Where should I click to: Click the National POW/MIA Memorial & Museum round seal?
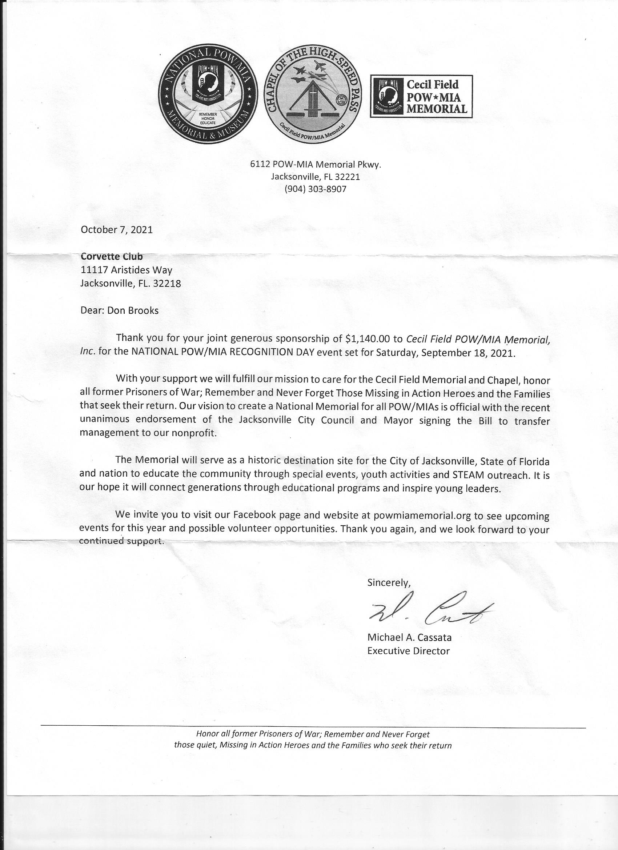point(208,96)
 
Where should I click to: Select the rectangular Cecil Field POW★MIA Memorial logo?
point(421,96)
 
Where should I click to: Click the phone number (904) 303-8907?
point(315,189)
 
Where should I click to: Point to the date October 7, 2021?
point(117,229)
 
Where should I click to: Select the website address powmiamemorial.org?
point(422,516)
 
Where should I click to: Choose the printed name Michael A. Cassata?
point(409,637)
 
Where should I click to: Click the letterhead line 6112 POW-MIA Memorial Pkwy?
point(315,164)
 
